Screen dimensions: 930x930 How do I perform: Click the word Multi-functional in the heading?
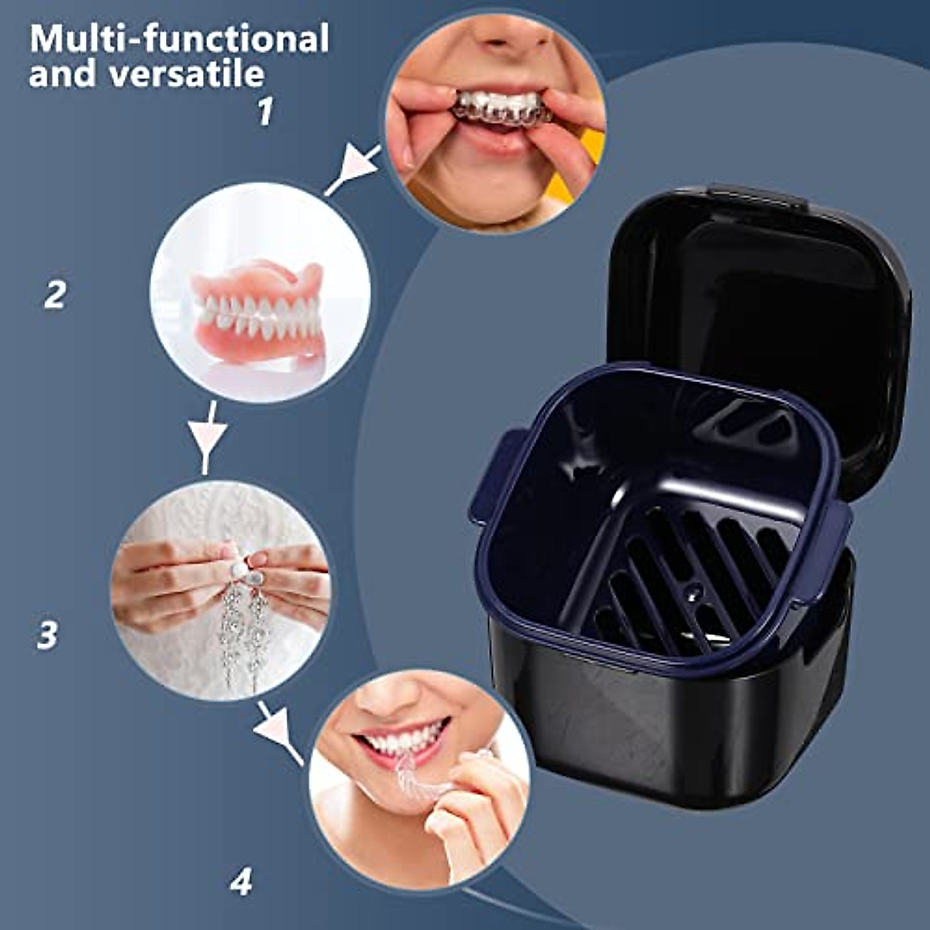click(x=179, y=39)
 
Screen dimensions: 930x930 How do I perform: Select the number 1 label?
click(x=266, y=112)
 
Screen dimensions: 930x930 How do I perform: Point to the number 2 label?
click(x=54, y=294)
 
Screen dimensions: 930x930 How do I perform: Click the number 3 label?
click(x=47, y=635)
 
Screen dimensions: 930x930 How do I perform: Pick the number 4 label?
click(x=241, y=881)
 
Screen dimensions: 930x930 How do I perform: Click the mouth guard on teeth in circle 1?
click(x=500, y=107)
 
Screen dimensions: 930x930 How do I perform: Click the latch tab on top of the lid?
click(x=756, y=195)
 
